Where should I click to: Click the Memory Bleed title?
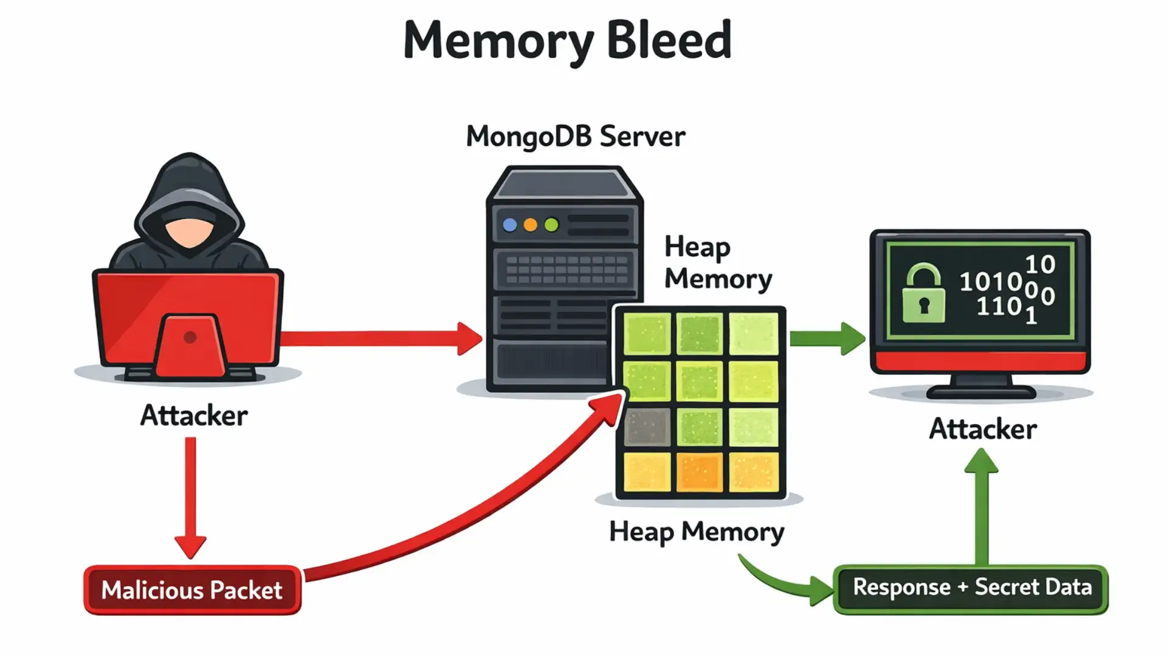pyautogui.click(x=568, y=40)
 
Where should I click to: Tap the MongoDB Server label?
pyautogui.click(x=575, y=136)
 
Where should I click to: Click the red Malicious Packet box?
pyautogui.click(x=192, y=589)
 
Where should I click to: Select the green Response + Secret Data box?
pyautogui.click(x=971, y=588)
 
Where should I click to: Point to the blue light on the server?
pyautogui.click(x=510, y=225)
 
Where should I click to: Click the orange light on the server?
pyautogui.click(x=531, y=225)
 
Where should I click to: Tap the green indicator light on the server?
pyautogui.click(x=551, y=225)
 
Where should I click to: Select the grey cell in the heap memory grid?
pyautogui.click(x=647, y=426)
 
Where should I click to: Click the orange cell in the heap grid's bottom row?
pyautogui.click(x=700, y=471)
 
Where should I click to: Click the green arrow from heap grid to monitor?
pyautogui.click(x=827, y=338)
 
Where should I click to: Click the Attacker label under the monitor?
pyautogui.click(x=982, y=429)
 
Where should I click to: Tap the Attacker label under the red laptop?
pyautogui.click(x=194, y=416)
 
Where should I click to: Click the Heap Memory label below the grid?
pyautogui.click(x=697, y=532)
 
